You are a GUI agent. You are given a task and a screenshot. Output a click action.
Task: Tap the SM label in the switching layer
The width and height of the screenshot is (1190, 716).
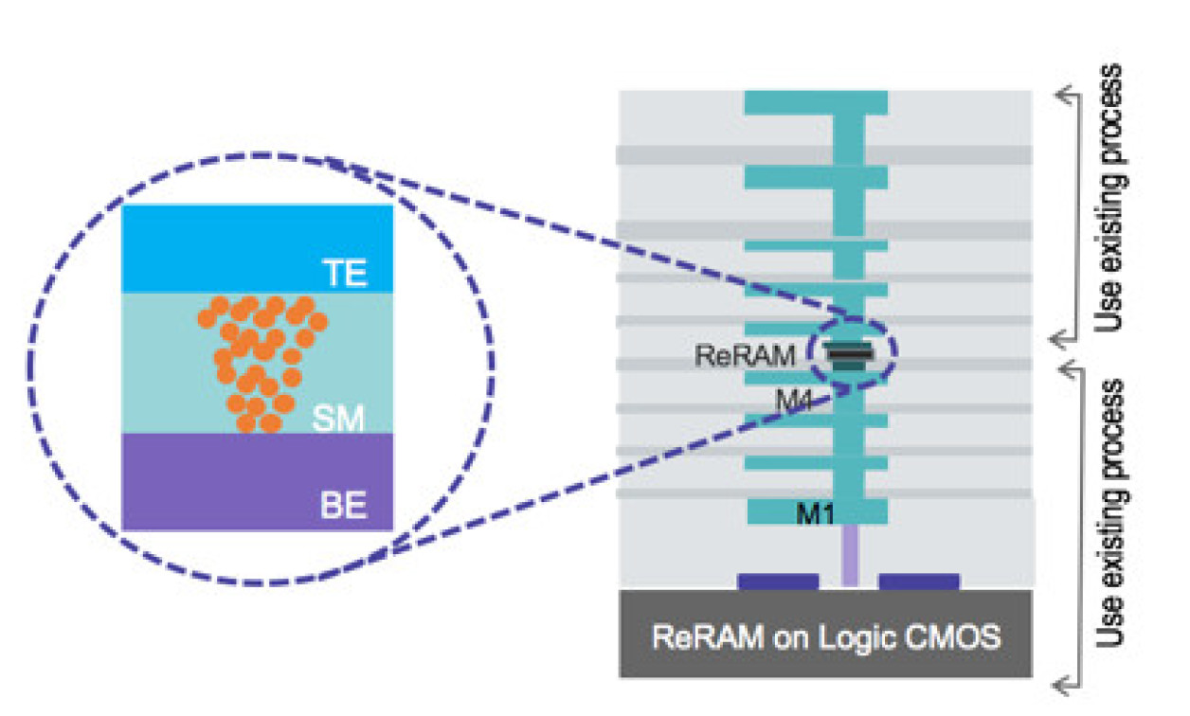pyautogui.click(x=339, y=418)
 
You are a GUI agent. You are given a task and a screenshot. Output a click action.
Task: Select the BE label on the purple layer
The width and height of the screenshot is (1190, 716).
pyautogui.click(x=343, y=506)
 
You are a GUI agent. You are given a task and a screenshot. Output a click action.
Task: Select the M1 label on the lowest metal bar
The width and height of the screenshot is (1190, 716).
pyautogui.click(x=817, y=513)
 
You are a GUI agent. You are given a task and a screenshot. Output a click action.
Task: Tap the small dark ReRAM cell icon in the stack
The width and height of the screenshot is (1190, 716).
pyautogui.click(x=849, y=353)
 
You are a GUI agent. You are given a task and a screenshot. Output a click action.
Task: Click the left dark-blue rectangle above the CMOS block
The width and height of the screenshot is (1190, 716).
pyautogui.click(x=778, y=581)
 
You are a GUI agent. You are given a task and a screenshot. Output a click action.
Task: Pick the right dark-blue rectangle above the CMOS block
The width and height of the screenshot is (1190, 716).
pyautogui.click(x=919, y=581)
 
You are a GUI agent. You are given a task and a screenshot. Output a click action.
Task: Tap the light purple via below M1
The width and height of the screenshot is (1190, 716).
pyautogui.click(x=850, y=556)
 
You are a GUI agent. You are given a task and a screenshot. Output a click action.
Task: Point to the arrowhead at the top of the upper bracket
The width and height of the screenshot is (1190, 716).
pyautogui.click(x=1066, y=93)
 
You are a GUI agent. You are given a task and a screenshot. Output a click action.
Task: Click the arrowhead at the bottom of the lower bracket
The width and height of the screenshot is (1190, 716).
pyautogui.click(x=1066, y=681)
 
